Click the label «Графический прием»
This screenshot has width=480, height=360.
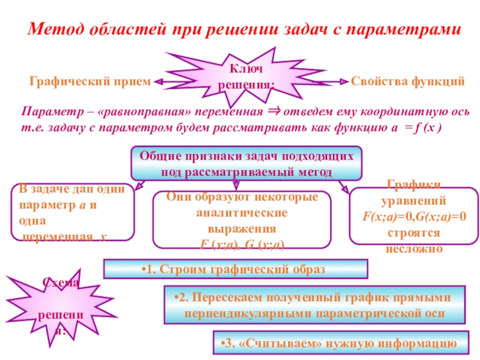[90, 80]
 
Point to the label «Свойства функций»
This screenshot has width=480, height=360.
[408, 80]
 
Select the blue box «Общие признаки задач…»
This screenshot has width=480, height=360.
[247, 163]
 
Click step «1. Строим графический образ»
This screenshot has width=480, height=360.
[236, 269]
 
